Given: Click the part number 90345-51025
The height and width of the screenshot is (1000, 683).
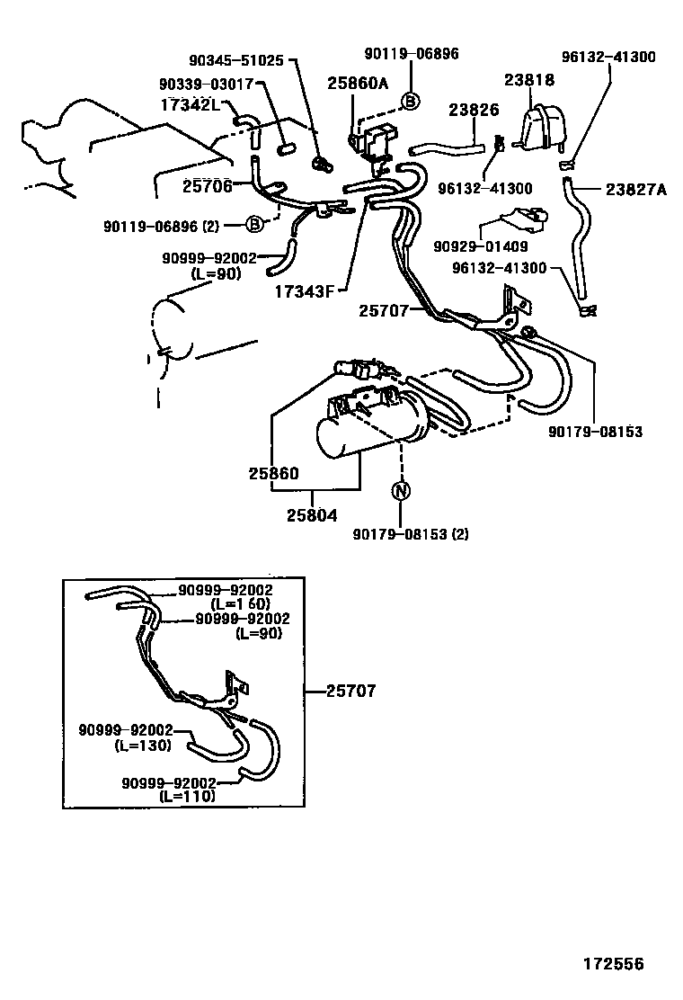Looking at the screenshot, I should (x=235, y=61).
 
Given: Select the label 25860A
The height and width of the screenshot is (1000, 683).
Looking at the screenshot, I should (x=358, y=84).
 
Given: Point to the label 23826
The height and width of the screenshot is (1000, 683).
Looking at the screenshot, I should (x=474, y=110).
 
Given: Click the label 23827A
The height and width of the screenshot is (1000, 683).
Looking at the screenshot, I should (x=636, y=189).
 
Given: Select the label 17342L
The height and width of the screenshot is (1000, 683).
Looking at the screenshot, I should (x=190, y=105).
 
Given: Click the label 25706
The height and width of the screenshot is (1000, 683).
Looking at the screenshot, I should (x=208, y=185).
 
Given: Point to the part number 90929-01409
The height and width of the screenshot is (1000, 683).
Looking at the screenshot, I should (x=480, y=246).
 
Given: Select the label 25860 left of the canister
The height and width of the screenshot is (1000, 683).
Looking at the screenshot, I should (x=274, y=473).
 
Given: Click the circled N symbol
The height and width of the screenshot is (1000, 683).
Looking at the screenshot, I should (x=401, y=491).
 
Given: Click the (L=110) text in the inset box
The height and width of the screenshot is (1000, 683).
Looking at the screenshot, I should (x=187, y=796).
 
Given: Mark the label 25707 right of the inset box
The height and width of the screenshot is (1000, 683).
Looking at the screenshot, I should (x=350, y=692).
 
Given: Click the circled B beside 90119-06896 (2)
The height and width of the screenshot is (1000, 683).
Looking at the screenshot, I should (x=254, y=223).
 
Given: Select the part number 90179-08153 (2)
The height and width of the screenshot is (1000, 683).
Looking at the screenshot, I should (x=412, y=534).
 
